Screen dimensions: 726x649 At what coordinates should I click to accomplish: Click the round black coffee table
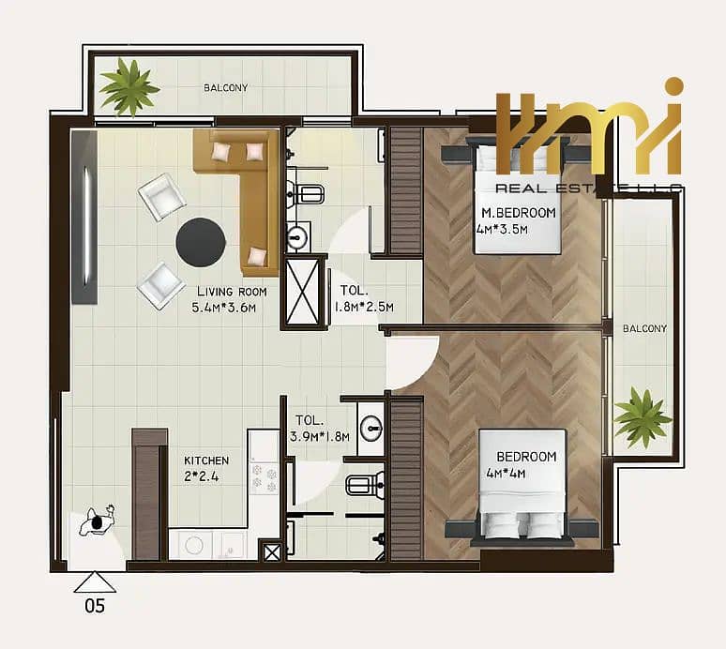pyautogui.click(x=201, y=242)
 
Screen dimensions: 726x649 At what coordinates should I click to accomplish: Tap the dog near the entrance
pyautogui.click(x=97, y=521)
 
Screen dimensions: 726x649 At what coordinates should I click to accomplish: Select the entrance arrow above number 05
pyautogui.click(x=95, y=581)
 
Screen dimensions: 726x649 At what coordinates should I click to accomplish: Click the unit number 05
pyautogui.click(x=95, y=606)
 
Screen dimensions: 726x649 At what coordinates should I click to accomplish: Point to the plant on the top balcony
pyautogui.click(x=129, y=86)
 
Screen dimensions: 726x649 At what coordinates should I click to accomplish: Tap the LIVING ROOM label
pyautogui.click(x=232, y=292)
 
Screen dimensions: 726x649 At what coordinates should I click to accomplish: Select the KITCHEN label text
pyautogui.click(x=206, y=460)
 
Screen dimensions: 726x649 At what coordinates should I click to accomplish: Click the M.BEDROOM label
pyautogui.click(x=519, y=213)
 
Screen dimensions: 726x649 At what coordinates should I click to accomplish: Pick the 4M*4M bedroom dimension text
pyautogui.click(x=506, y=474)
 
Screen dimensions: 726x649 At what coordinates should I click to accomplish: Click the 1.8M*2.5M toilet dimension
pyautogui.click(x=363, y=307)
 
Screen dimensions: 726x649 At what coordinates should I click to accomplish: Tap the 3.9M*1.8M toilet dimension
pyautogui.click(x=320, y=436)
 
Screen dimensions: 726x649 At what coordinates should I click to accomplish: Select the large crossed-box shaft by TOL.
pyautogui.click(x=303, y=291)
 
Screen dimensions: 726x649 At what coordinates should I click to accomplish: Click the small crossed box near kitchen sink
pyautogui.click(x=271, y=551)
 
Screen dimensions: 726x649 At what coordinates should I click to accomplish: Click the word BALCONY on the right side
pyautogui.click(x=644, y=328)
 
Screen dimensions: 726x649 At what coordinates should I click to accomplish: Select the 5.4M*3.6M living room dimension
pyautogui.click(x=224, y=308)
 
